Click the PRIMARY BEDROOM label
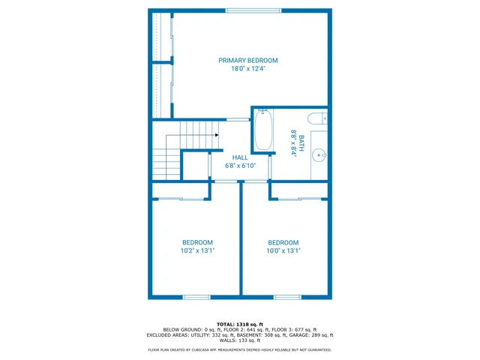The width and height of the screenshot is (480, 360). (247, 60)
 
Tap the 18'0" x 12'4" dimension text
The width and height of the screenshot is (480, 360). (247, 69)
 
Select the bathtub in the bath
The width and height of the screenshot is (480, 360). (263, 130)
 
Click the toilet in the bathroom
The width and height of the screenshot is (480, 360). (317, 118)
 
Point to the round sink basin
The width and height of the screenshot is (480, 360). (319, 156)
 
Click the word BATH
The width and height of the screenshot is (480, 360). (301, 142)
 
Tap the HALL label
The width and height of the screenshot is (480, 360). (240, 157)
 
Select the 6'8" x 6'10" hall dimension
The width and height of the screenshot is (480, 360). (240, 166)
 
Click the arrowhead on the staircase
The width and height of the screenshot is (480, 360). (216, 135)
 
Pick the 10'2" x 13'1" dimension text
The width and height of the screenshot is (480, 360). (197, 251)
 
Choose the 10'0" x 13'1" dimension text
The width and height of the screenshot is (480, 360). (283, 251)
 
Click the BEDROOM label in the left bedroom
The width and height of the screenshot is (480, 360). (197, 242)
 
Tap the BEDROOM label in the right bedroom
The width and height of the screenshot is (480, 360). (283, 242)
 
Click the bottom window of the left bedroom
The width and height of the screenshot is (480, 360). (197, 297)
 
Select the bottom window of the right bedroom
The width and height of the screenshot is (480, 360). (286, 297)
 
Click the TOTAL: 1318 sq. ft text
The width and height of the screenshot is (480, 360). (240, 324)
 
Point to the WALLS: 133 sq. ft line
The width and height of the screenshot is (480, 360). (240, 340)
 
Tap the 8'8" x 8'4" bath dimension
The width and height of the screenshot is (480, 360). (293, 142)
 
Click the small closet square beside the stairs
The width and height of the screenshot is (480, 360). (195, 166)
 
